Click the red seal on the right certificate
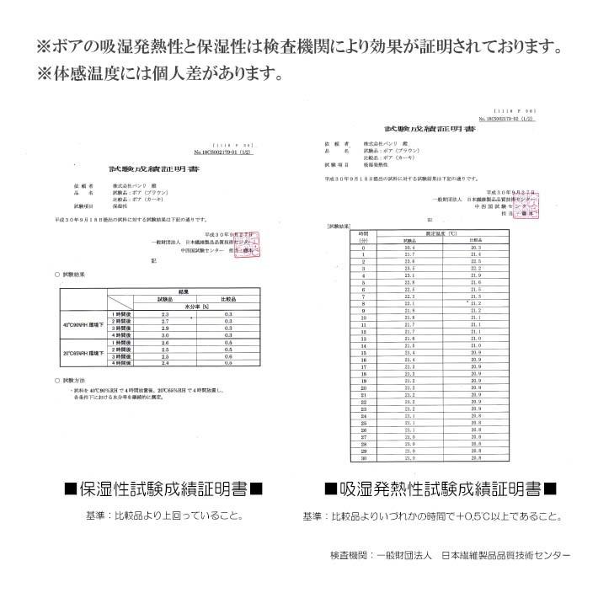[x=531, y=207]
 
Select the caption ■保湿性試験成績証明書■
[x=153, y=488]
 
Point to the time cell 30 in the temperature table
[x=363, y=458]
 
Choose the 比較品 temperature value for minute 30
[x=476, y=458]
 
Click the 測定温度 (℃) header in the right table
[x=441, y=232]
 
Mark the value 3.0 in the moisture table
[x=165, y=334]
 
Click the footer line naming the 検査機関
[x=450, y=557]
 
